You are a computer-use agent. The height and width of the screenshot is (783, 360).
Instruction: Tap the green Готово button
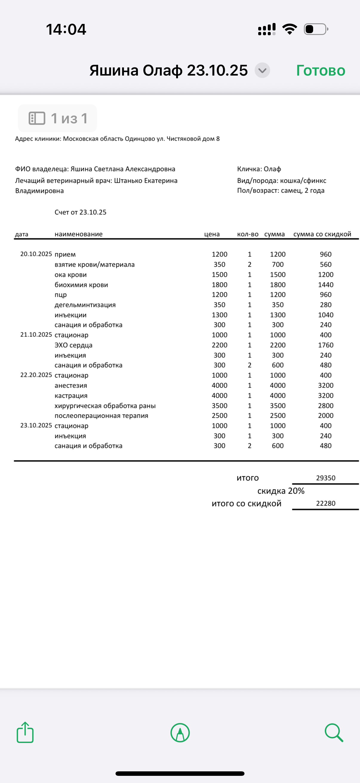[x=321, y=70]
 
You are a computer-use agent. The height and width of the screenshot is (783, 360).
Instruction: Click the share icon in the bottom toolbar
[x=25, y=733]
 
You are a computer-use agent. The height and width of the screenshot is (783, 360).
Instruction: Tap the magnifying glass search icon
[x=333, y=733]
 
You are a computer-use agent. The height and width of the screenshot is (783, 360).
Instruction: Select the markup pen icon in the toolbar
[x=180, y=733]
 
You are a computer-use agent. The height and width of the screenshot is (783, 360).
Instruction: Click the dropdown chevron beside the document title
[x=262, y=70]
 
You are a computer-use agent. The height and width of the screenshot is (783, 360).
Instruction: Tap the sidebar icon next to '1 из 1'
[x=37, y=118]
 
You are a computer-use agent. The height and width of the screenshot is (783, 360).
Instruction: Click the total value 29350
[x=326, y=478]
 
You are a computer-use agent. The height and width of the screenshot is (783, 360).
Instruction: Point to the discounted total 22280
[x=326, y=504]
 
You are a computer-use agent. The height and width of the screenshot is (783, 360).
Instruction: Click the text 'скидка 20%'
[x=281, y=491]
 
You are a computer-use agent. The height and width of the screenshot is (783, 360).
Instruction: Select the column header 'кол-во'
[x=247, y=234]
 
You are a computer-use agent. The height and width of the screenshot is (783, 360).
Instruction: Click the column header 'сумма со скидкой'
[x=322, y=234]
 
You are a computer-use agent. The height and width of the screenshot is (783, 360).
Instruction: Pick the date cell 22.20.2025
[x=36, y=375]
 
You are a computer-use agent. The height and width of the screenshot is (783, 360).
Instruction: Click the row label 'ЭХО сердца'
[x=73, y=345]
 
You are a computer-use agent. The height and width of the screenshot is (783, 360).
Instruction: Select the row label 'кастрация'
[x=71, y=396]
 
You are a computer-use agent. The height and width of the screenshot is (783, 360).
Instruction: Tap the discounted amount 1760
[x=326, y=345]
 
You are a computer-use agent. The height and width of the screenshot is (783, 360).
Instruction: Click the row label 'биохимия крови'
[x=81, y=285]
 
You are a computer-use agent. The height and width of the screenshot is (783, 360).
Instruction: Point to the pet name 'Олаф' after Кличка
[x=272, y=169]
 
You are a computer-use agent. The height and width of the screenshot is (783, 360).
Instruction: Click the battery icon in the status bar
[x=316, y=29]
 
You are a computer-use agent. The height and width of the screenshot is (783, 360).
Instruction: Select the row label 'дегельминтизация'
[x=85, y=305]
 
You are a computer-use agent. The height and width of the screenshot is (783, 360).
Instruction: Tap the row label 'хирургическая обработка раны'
[x=105, y=406]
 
